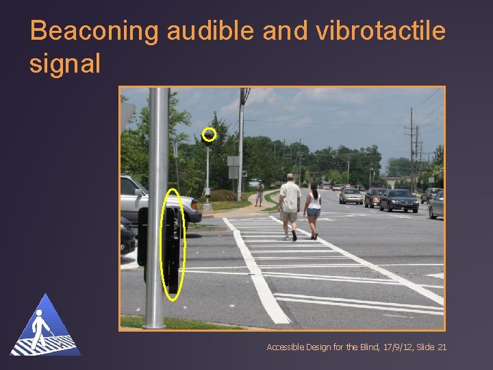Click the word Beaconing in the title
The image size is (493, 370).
click(94, 31)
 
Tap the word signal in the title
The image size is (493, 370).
click(64, 63)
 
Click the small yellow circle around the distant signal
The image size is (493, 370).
click(210, 134)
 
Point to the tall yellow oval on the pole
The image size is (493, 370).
click(173, 245)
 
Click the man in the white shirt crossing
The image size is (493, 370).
click(290, 205)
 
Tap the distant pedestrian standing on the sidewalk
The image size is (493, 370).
click(260, 193)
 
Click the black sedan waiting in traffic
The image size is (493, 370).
click(399, 200)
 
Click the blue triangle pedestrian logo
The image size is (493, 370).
click(45, 327)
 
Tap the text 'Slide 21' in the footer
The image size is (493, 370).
click(432, 347)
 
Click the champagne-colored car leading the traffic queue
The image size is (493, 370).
click(351, 196)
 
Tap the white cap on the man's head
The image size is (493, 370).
click(290, 177)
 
